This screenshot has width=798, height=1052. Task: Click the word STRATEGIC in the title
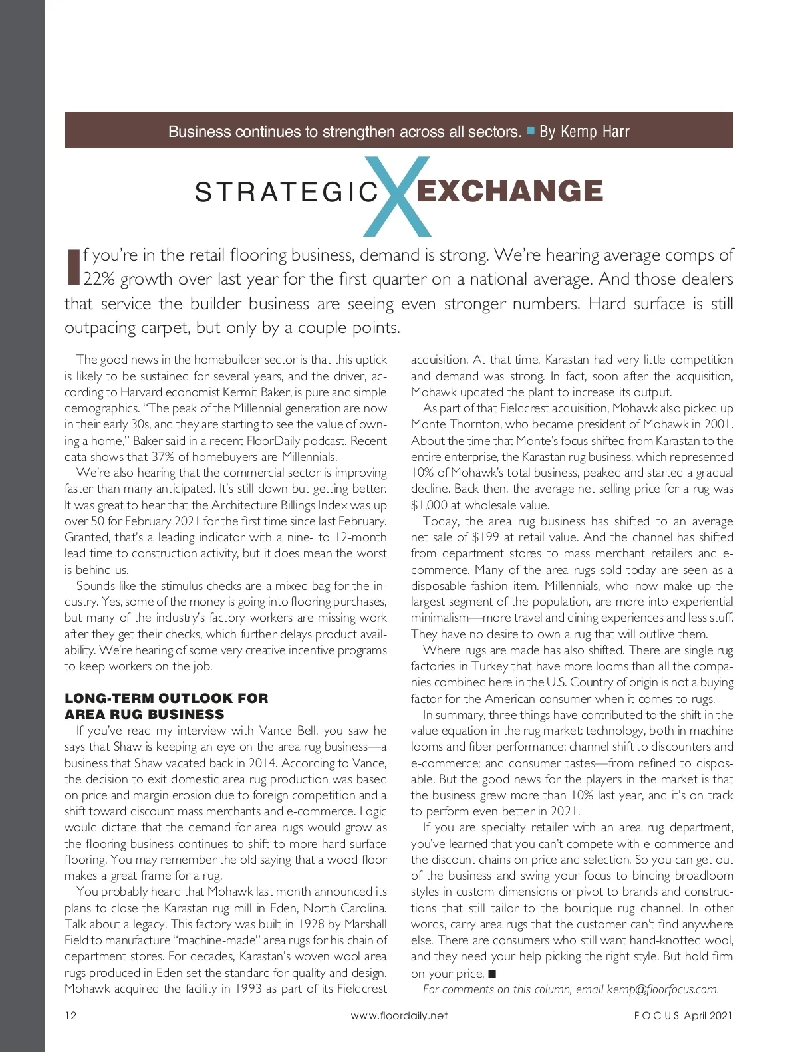click(287, 193)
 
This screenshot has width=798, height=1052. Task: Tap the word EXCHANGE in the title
click(509, 192)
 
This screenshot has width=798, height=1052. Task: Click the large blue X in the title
click(398, 196)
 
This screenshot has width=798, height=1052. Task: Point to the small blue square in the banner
click(531, 131)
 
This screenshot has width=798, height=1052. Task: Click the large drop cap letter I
click(73, 267)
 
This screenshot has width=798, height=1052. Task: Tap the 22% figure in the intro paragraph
click(99, 279)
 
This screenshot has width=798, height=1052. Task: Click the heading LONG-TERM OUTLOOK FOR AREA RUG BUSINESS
click(166, 706)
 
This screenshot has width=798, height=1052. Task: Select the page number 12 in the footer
click(70, 1015)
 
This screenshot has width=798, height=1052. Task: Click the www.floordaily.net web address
click(399, 1015)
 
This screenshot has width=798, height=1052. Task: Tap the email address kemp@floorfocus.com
click(662, 989)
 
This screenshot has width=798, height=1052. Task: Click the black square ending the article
click(492, 974)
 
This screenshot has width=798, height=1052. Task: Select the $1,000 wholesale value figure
click(429, 505)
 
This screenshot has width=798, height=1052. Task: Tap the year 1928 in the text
click(313, 924)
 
